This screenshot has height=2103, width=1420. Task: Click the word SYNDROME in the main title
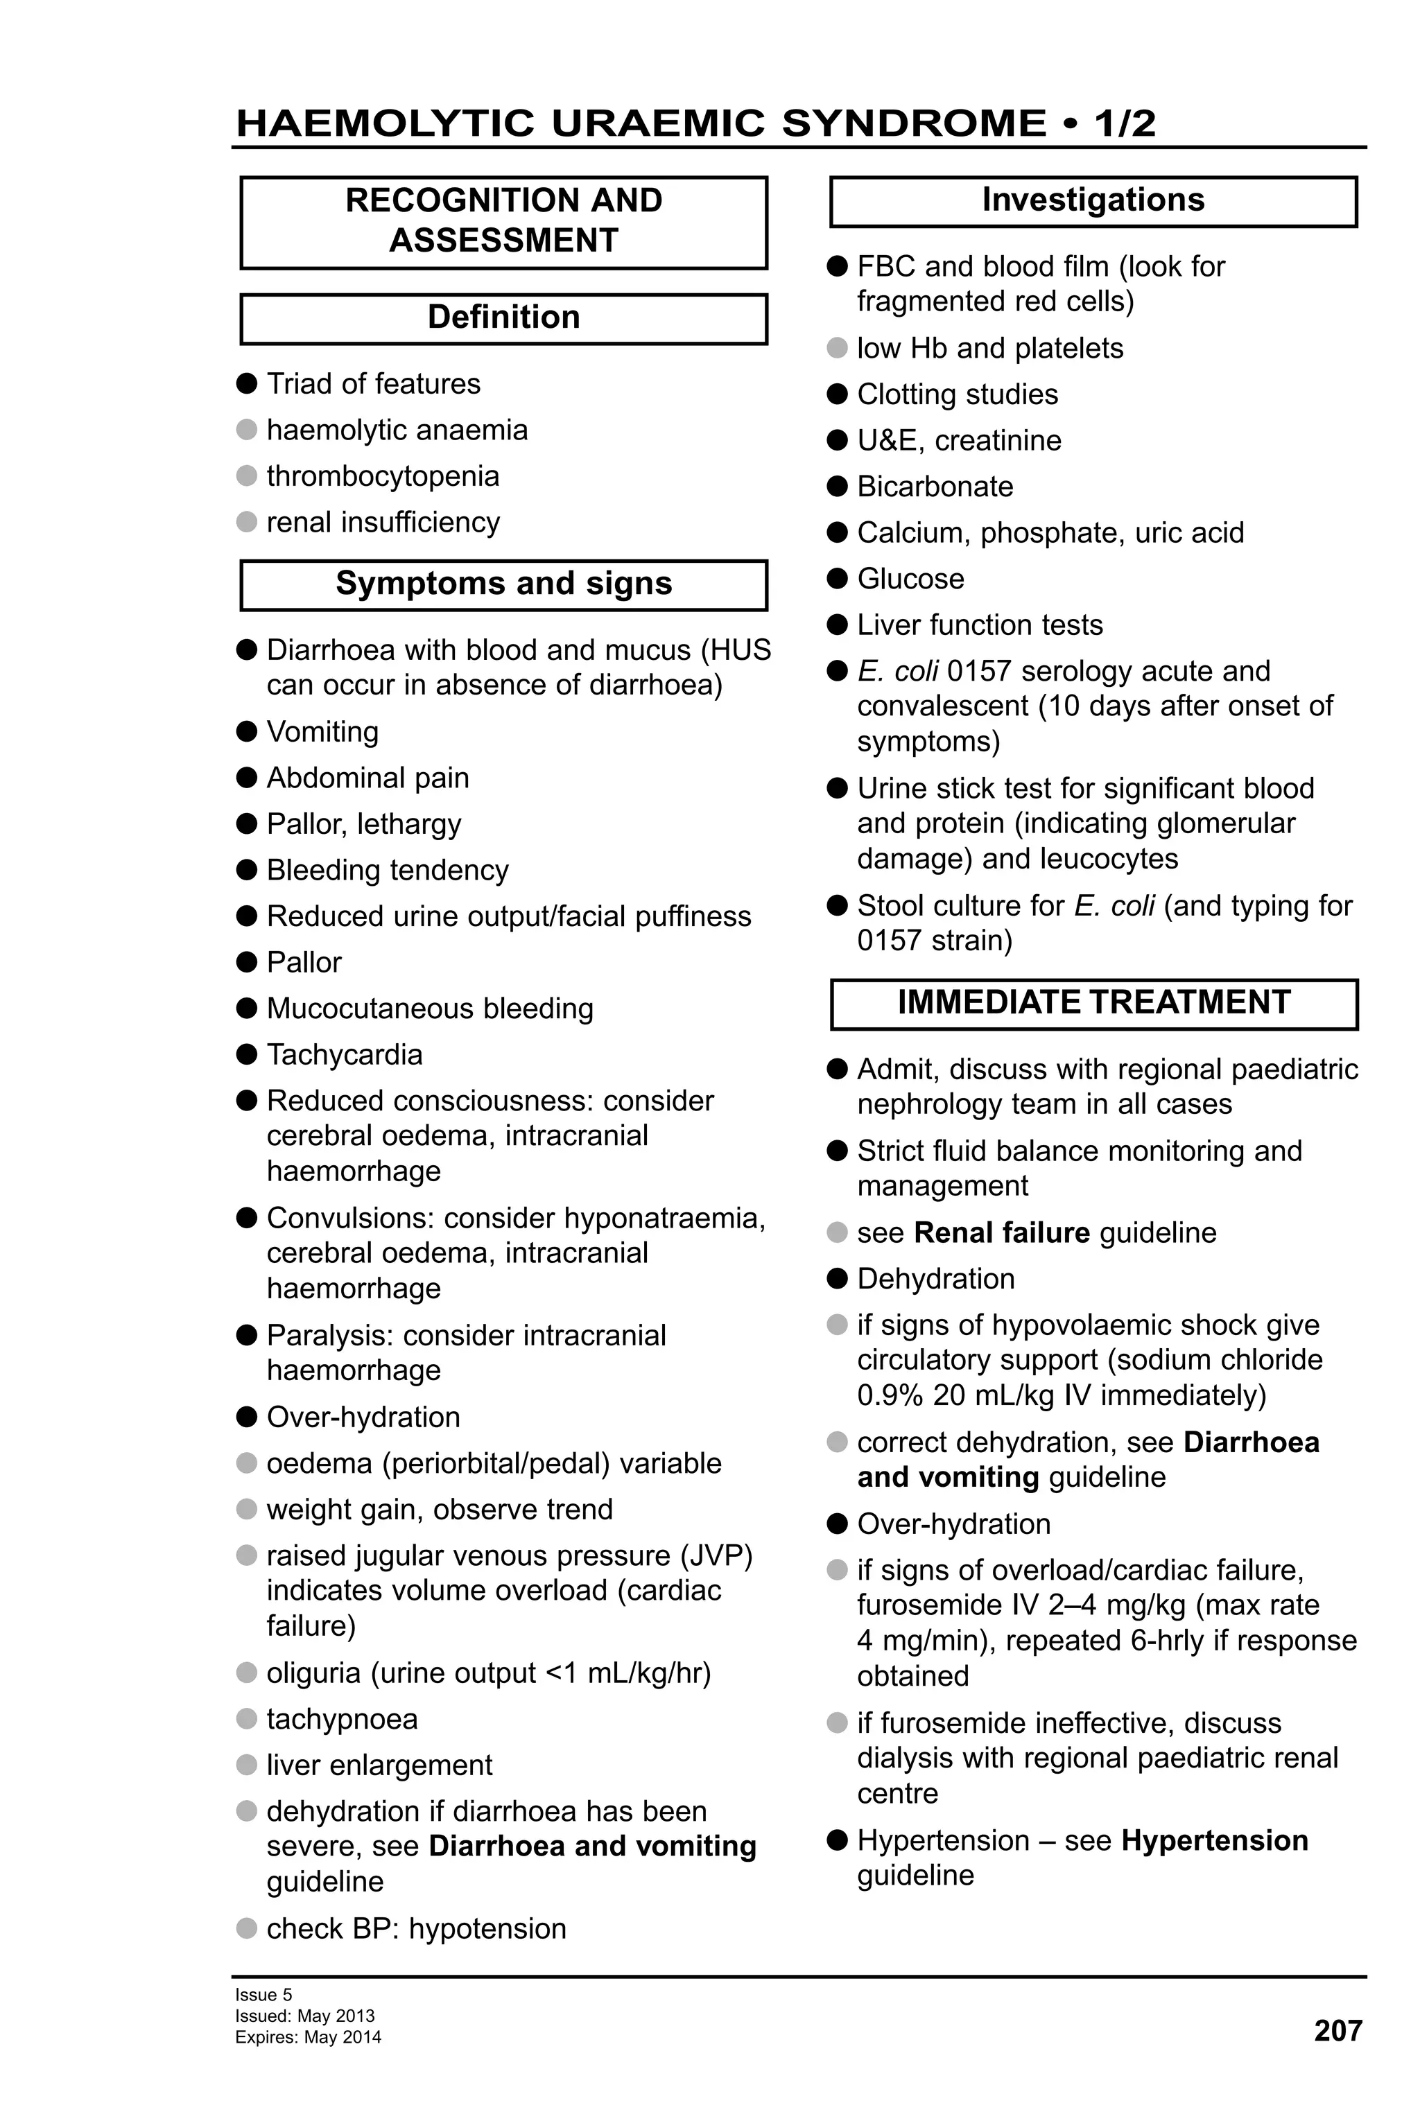tap(913, 123)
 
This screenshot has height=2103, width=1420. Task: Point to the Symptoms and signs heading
tap(503, 584)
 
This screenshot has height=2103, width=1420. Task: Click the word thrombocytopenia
tap(382, 476)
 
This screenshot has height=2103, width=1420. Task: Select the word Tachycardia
tap(344, 1054)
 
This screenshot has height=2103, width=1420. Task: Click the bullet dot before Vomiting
tap(246, 731)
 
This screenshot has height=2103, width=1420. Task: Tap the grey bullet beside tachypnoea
tap(246, 1718)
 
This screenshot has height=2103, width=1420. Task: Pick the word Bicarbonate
tap(934, 486)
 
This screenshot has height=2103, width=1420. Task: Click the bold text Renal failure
tap(1001, 1232)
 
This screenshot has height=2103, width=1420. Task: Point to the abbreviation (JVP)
tap(720, 1555)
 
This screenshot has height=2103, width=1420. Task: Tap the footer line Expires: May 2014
tap(308, 2037)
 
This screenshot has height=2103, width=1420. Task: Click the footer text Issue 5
tap(263, 1994)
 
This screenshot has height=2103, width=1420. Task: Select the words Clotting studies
tap(957, 394)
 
